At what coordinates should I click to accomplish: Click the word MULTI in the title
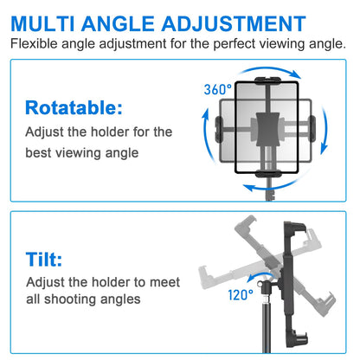click(42, 23)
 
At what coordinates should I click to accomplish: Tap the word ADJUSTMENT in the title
click(234, 23)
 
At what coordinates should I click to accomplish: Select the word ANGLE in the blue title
click(118, 23)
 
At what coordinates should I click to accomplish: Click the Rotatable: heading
click(74, 108)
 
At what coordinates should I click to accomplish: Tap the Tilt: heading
click(44, 259)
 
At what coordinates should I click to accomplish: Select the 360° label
click(217, 89)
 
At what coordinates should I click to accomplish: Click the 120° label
click(241, 295)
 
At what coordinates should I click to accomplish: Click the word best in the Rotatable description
click(38, 152)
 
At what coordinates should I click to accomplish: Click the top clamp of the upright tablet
click(267, 80)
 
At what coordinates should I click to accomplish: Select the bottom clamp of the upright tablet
click(267, 174)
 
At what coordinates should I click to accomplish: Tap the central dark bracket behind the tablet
click(267, 129)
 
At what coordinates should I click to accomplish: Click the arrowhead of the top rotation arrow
click(295, 74)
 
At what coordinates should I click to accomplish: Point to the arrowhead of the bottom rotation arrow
click(248, 188)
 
